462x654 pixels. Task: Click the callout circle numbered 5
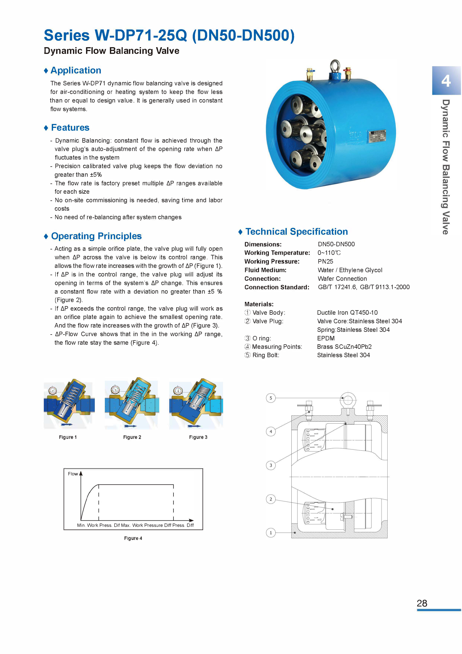(x=271, y=398)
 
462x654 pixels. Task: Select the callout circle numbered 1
(x=271, y=532)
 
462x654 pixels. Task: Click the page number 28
(x=422, y=603)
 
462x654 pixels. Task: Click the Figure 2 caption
(x=132, y=437)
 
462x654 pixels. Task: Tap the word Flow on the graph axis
(x=73, y=474)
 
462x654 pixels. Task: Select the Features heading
(x=70, y=127)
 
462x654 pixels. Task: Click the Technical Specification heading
(x=296, y=231)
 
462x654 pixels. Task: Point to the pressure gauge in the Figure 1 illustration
(x=53, y=390)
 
